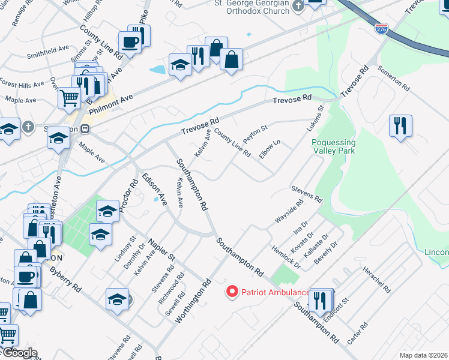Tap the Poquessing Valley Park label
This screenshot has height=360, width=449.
click(334, 146)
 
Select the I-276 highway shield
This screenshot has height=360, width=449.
click(381, 28)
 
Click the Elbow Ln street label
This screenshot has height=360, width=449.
click(270, 149)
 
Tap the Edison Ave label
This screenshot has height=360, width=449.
click(154, 187)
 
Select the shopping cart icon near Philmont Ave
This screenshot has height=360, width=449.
click(69, 97)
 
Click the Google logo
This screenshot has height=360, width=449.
click(19, 352)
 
